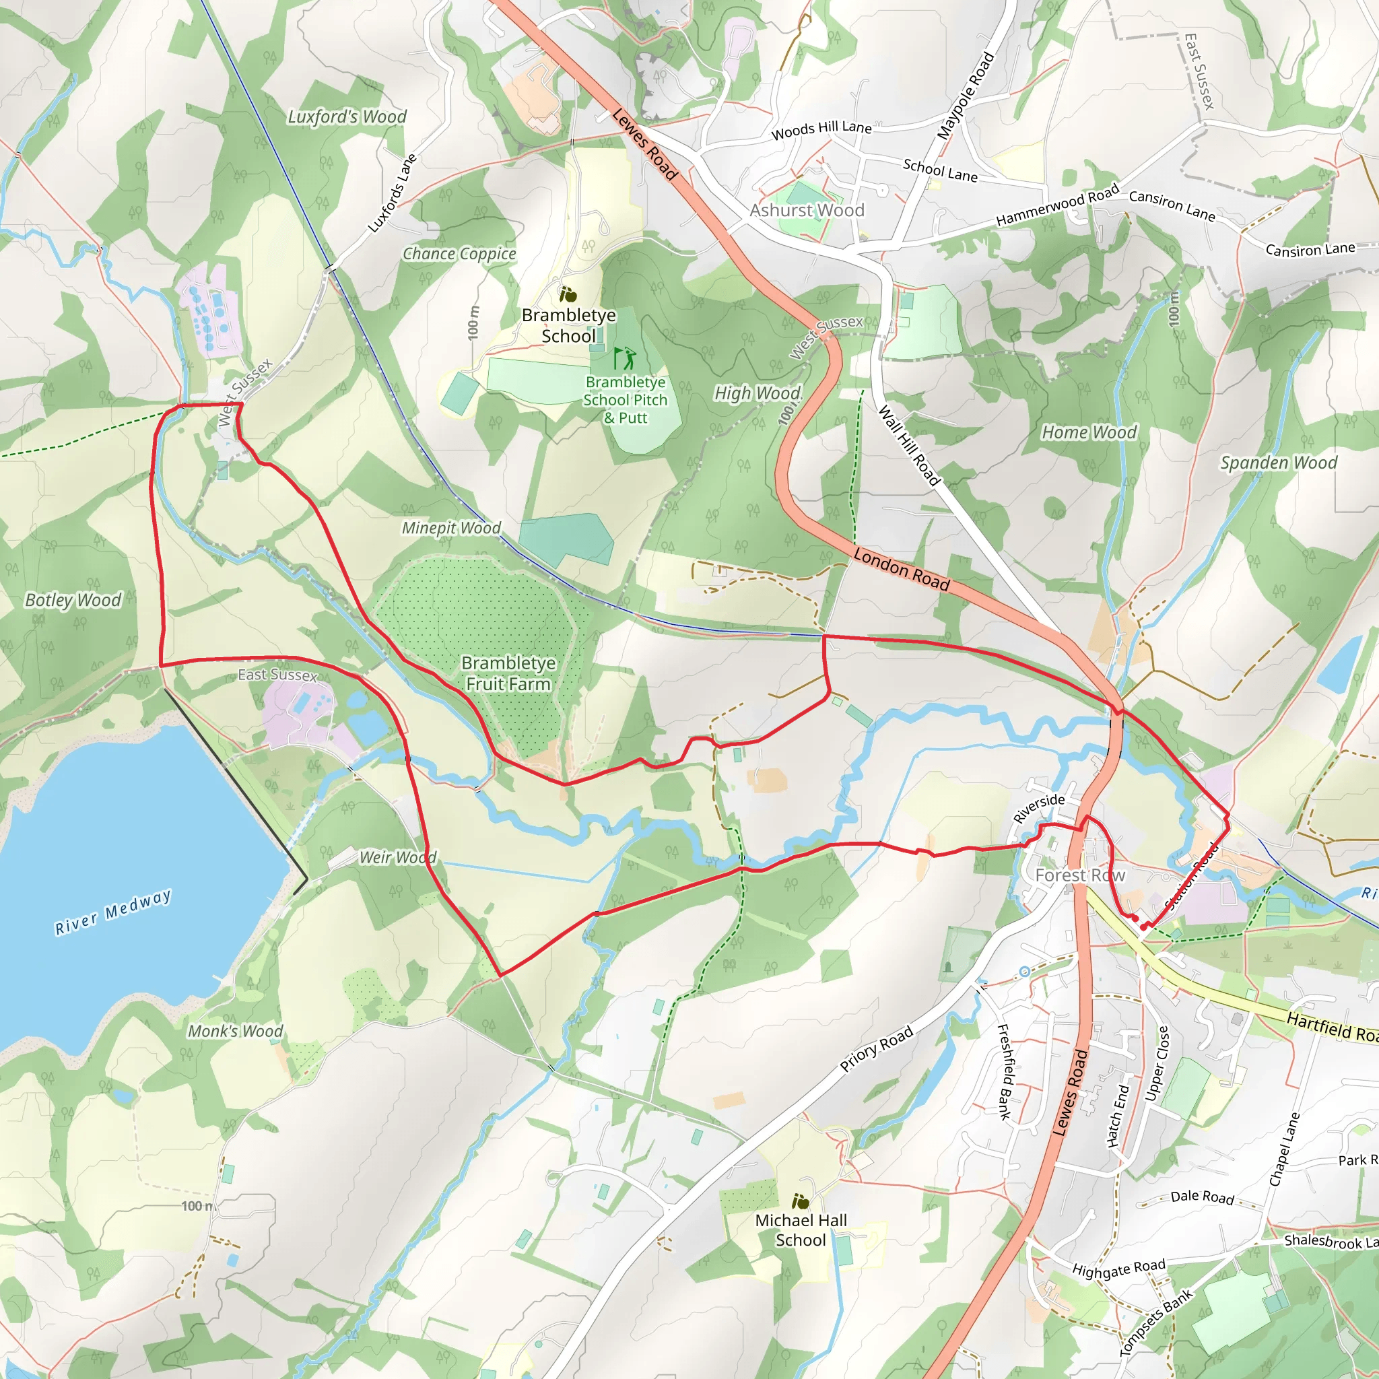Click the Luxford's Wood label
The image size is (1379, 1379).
point(347,116)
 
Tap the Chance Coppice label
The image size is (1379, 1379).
point(459,253)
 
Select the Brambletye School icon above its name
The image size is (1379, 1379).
point(568,294)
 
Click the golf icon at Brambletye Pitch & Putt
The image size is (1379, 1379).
point(623,357)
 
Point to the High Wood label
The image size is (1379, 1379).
point(758,393)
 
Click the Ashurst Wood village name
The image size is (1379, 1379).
point(807,210)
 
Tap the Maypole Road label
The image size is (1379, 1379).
point(966,96)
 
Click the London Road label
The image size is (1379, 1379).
point(902,570)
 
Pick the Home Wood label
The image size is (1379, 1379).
point(1089,432)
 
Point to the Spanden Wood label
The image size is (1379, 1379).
point(1279,463)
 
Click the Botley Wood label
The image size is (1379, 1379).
point(73,599)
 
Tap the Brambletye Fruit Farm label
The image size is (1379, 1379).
point(508,673)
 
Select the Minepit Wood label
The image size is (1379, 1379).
point(451,527)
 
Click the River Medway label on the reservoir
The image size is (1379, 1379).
point(114,912)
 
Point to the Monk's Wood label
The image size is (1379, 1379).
point(236,1031)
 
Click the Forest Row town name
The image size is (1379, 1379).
point(1080,875)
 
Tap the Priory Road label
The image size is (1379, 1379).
point(876,1049)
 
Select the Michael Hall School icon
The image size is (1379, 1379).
point(801,1201)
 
